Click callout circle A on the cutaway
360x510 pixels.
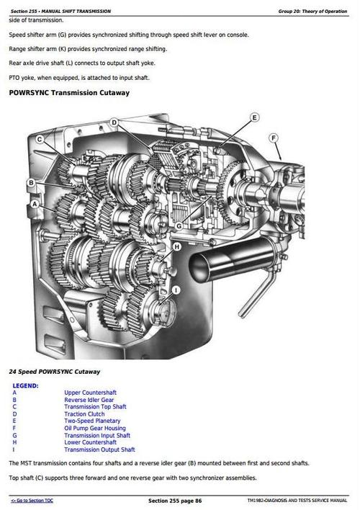tap(34, 205)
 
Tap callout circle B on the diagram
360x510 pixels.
tap(31, 183)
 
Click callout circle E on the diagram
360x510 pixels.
tap(254, 117)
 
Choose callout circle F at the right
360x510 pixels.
tap(274, 138)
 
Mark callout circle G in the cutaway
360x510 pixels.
tap(178, 225)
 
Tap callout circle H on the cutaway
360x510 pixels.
tap(176, 249)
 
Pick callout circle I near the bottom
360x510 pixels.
tap(176, 290)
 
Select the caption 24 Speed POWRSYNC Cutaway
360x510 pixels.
tap(54, 372)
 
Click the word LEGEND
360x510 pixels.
tap(26, 385)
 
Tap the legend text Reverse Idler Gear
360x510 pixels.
tap(89, 400)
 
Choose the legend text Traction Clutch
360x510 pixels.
tap(84, 414)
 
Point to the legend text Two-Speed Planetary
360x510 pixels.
tap(92, 421)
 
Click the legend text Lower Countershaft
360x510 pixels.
tap(90, 442)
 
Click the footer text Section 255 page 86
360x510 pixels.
tap(175, 500)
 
